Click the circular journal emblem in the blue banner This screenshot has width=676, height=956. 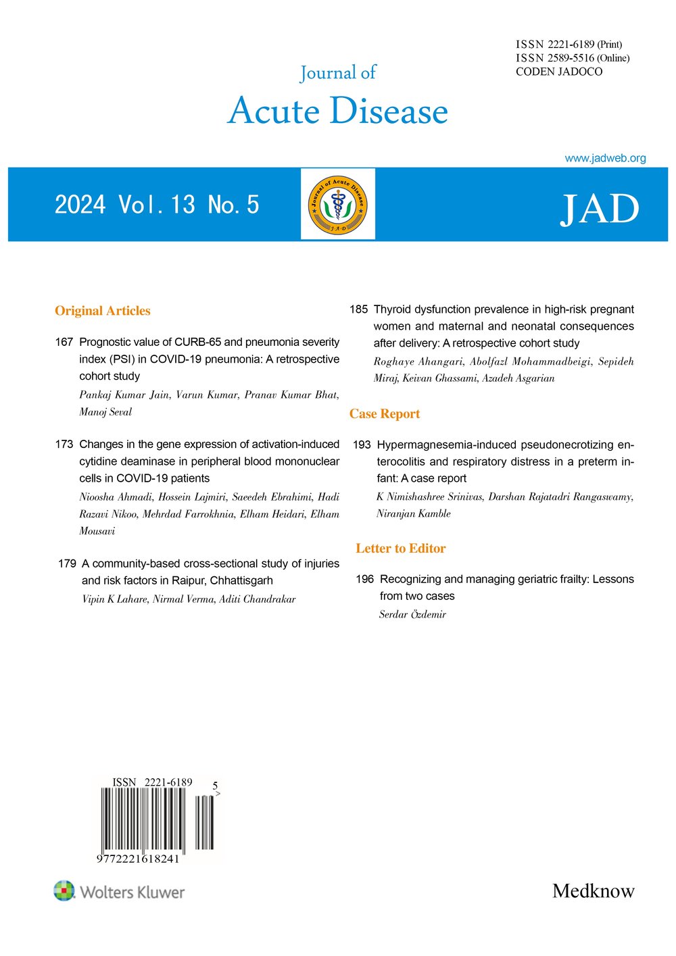pos(337,204)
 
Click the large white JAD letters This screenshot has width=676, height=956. pos(599,209)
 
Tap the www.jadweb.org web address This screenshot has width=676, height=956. pos(605,158)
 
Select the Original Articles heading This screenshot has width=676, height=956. pos(103,311)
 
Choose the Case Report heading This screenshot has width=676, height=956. pos(385,414)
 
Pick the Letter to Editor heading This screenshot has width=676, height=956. pos(401,549)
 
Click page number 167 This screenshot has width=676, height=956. pos(64,342)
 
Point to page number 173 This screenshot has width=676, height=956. pos(64,444)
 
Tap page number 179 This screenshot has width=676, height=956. pos(67,563)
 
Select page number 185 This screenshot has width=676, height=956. pos(359,309)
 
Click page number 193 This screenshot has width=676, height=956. pos(362,445)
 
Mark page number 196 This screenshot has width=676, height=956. pos(365,579)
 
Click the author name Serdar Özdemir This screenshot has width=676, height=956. pos(413,614)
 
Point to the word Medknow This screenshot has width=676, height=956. pos(594,890)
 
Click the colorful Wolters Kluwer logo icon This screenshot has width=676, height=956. pos(64,890)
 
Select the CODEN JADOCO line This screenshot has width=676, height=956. pos(559,72)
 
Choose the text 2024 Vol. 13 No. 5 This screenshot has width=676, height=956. pos(157,205)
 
